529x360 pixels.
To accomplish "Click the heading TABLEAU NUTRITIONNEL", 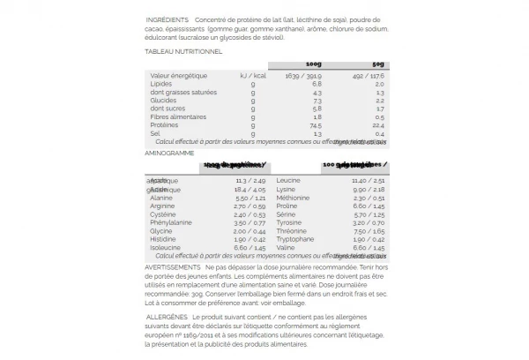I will (183, 51).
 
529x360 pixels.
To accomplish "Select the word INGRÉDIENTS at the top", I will (170, 19).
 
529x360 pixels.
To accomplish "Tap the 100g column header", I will (312, 64).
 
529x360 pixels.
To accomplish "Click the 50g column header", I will (377, 64).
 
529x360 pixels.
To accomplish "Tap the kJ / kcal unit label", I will (252, 76).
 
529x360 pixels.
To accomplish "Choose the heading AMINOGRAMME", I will (168, 153).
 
